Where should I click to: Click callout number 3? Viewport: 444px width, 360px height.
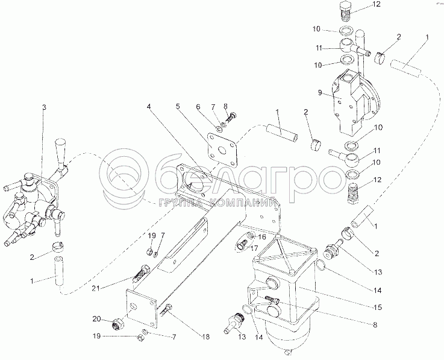click(x=43, y=107)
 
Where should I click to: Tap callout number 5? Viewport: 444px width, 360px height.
click(x=178, y=108)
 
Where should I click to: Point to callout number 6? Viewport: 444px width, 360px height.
click(x=197, y=107)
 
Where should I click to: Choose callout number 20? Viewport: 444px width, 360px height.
click(x=96, y=318)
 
